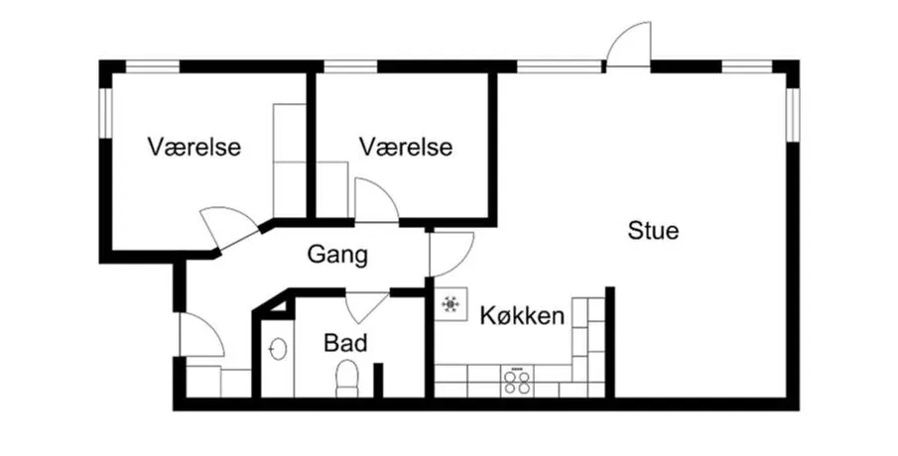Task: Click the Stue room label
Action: click(653, 231)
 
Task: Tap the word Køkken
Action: click(522, 315)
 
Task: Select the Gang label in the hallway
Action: click(337, 255)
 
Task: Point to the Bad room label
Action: click(345, 343)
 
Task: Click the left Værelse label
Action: click(194, 147)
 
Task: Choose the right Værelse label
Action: click(406, 147)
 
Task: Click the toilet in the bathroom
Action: click(346, 378)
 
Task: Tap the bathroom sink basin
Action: click(279, 349)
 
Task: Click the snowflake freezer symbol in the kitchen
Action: click(450, 303)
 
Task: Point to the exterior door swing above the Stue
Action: click(629, 45)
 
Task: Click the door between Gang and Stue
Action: click(451, 254)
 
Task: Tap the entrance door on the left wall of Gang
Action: click(201, 335)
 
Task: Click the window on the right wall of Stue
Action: click(793, 115)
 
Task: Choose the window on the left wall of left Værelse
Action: click(105, 112)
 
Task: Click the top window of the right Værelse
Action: click(350, 66)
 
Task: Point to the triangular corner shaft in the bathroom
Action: click(279, 306)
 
